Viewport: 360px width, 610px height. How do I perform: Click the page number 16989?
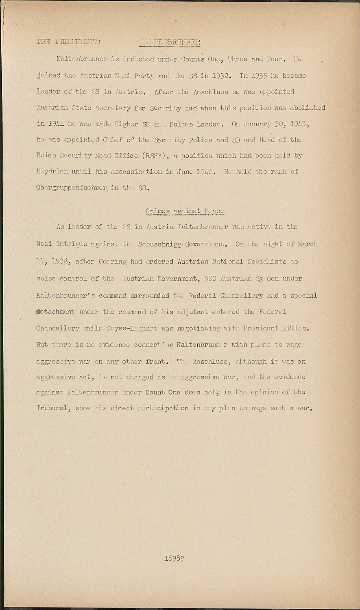175,558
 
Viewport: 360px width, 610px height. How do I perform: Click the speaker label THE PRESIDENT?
69,42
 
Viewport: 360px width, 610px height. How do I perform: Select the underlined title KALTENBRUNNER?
170,42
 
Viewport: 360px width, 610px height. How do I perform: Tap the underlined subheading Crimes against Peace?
185,211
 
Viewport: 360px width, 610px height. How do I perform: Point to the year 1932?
221,76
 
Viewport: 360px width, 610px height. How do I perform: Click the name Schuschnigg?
160,244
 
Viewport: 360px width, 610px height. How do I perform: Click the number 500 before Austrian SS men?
209,279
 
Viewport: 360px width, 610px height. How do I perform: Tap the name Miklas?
296,328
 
